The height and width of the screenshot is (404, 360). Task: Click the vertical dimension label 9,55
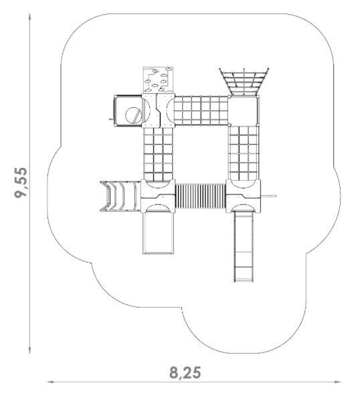[x=21, y=183]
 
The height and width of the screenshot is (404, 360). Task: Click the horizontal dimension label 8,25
[x=185, y=373]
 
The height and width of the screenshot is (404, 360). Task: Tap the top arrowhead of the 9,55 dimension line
[x=30, y=17]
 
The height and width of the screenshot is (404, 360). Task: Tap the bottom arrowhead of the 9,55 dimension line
[x=30, y=350]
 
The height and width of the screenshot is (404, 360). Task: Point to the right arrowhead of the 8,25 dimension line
[x=337, y=382]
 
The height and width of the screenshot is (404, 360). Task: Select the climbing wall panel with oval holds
[x=158, y=80]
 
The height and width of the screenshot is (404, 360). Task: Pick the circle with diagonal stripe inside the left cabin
[x=133, y=115]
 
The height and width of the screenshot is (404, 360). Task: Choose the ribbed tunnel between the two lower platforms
[x=201, y=196]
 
